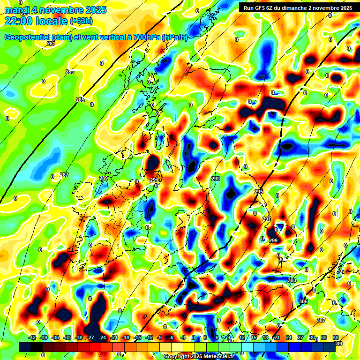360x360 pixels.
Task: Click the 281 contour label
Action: point(51,44)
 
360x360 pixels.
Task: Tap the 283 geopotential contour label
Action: point(70,72)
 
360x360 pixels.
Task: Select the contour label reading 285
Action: point(80,100)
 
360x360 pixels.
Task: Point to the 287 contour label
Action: point(64,175)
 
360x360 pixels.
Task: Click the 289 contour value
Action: point(104,179)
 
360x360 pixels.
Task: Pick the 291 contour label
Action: point(154,180)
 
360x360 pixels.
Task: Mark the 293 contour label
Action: point(216,179)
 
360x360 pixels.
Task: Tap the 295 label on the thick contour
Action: point(259,192)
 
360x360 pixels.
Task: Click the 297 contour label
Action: point(266,219)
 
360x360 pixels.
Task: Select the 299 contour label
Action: point(273,240)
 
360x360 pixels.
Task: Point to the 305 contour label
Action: point(303,301)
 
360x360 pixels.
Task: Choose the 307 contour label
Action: point(321,320)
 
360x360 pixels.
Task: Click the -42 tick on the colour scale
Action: point(32,337)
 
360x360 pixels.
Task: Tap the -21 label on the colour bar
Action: point(114,337)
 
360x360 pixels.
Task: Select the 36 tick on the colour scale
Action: point(336,337)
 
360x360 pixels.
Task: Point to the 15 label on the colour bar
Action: point(254,337)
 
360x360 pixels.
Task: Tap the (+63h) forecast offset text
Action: point(82,21)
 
